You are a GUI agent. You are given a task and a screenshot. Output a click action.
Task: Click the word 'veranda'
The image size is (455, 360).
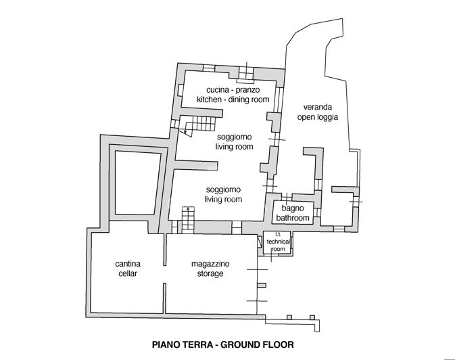tap(316, 106)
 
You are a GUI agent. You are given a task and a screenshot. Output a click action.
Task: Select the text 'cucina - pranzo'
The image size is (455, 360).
tap(233, 90)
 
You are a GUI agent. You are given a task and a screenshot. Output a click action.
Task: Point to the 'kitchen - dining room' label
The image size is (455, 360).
tap(233, 99)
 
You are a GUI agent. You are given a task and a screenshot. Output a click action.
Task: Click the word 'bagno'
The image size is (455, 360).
tap(293, 208)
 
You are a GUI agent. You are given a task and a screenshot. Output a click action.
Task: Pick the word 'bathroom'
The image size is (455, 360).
tap(293, 218)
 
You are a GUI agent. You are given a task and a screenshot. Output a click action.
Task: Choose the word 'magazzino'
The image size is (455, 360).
tap(203, 264)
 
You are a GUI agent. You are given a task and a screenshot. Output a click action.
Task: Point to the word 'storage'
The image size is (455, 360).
tap(203, 273)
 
